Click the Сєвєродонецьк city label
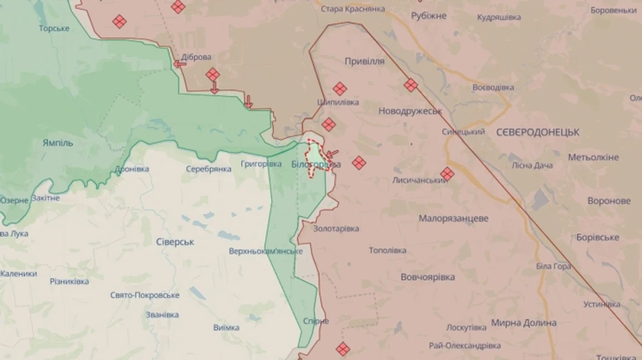coord(537,133)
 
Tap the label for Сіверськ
coord(175,242)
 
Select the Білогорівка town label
coord(315,165)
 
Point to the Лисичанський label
coord(419,180)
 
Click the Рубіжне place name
coord(429,16)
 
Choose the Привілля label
coord(365,61)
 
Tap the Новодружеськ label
coord(410,111)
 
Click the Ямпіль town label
coord(58,143)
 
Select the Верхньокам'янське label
coord(266,252)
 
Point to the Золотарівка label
coord(336,228)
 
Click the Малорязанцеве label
coord(454,218)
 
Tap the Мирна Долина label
coord(524,323)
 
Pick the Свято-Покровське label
coord(145,295)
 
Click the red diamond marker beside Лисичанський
coord(447,173)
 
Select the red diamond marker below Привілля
coord(340,88)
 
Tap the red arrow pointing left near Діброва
coord(180,63)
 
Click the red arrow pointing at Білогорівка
coord(332,153)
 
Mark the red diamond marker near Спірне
coord(342,349)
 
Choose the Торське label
coord(54,29)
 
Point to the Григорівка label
coord(261,164)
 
